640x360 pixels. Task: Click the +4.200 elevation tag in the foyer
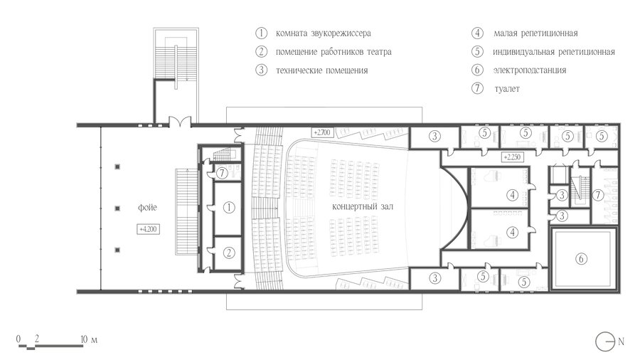coord(148,229)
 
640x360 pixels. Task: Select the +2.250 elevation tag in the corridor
coord(512,157)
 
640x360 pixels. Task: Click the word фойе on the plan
coord(147,208)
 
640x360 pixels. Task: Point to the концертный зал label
coord(363,206)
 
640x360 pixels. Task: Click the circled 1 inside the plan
coord(229,207)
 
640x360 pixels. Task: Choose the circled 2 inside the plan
coord(229,253)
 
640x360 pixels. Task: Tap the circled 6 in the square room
coord(581,258)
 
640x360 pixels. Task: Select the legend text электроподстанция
coord(529,70)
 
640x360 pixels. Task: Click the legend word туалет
coord(507,88)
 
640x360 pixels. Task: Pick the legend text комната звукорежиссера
coord(324,33)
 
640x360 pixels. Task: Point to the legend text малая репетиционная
coord(535,33)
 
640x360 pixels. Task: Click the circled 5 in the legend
coord(477,51)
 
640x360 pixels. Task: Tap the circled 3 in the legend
coord(261,70)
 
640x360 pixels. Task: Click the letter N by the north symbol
coord(621,342)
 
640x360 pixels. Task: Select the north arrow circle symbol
coord(605,342)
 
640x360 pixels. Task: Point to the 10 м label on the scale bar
coord(89,339)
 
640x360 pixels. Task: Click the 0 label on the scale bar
coord(18,339)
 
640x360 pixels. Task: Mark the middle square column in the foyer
coord(117,208)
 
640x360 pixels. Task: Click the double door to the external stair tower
coord(180,121)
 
